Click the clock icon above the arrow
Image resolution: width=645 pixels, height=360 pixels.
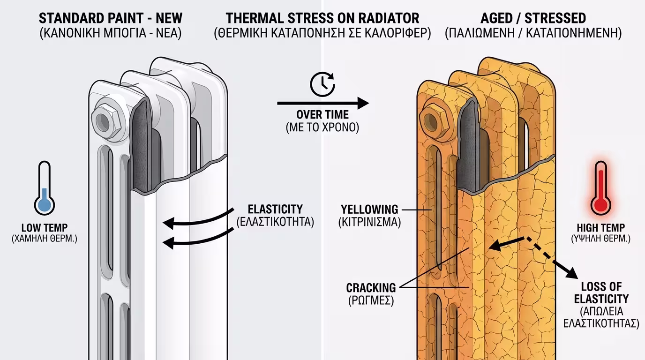(322, 84)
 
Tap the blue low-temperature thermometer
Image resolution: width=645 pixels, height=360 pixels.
(45, 189)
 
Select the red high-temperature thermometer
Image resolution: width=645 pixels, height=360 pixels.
(600, 189)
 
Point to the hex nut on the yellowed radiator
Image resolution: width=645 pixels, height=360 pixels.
(433, 119)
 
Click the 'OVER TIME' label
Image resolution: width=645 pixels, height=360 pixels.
(322, 115)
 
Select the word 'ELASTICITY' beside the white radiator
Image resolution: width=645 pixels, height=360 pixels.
(275, 209)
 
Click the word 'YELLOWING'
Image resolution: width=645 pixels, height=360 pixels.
(369, 209)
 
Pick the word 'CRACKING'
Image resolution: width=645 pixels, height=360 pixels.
(371, 287)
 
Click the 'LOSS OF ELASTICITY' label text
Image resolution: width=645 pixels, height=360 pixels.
(601, 292)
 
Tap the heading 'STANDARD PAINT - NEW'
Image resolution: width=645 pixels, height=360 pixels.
(111, 19)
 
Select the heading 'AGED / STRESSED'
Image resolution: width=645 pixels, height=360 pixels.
(533, 19)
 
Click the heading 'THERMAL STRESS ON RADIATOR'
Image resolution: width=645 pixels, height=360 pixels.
(322, 19)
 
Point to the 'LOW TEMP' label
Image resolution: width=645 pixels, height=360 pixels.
(45, 228)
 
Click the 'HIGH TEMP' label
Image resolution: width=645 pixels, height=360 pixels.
(600, 228)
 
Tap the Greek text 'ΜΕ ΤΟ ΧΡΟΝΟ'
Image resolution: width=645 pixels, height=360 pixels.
(322, 127)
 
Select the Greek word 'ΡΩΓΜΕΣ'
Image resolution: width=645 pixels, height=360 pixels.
(371, 300)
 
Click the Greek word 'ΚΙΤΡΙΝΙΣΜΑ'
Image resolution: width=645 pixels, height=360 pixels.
(369, 222)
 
